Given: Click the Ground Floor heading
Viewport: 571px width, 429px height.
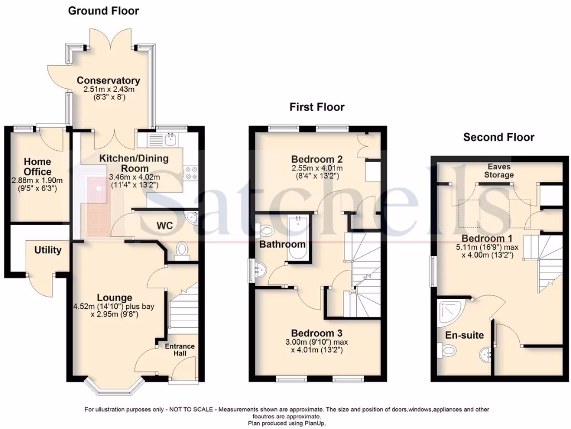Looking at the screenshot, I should click(103, 11).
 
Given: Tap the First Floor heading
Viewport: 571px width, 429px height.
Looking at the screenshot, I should click(317, 107).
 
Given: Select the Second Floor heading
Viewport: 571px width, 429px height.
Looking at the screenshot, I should click(499, 137).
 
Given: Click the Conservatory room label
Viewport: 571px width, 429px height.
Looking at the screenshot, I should click(108, 80).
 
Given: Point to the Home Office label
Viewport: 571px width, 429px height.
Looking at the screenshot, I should click(37, 167).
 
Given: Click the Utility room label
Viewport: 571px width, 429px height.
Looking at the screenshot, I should click(48, 250).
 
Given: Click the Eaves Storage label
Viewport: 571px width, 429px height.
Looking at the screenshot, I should click(499, 171).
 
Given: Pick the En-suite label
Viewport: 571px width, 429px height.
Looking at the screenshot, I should click(464, 335).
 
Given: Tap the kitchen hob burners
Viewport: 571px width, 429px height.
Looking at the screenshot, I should click(191, 173).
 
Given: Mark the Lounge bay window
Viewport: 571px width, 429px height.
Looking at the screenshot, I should click(114, 385).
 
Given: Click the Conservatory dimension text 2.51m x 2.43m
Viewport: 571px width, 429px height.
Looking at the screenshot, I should click(108, 89).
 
